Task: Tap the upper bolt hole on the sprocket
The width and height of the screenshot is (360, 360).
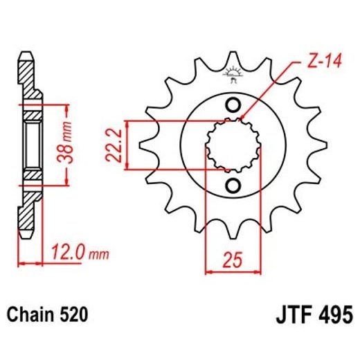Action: click(x=233, y=105)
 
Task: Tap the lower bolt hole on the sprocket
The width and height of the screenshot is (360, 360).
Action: click(x=233, y=185)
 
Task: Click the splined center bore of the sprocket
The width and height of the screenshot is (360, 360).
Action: click(x=233, y=145)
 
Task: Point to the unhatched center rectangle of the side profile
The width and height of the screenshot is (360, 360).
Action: click(x=33, y=145)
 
